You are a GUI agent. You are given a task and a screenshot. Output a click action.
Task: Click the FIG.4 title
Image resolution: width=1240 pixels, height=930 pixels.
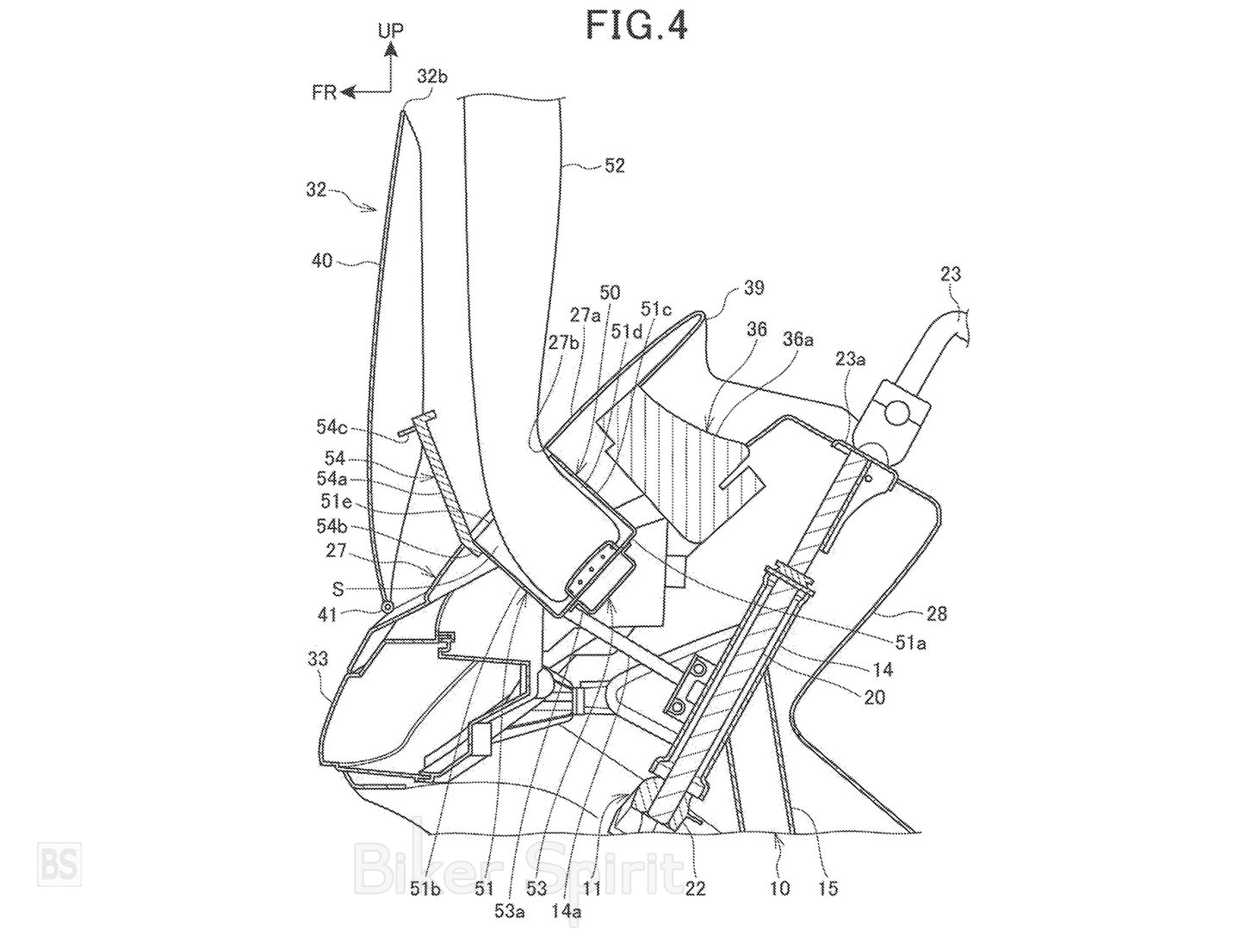click(x=636, y=25)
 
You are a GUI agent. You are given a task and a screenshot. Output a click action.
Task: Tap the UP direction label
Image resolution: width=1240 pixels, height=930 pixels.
click(x=389, y=31)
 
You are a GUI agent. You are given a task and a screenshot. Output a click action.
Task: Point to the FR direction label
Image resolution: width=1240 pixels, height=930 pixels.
click(x=325, y=92)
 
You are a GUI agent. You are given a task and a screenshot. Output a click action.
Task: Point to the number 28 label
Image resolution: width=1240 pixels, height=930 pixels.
click(x=937, y=613)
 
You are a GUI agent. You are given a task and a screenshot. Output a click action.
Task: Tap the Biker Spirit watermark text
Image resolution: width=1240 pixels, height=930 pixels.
click(x=517, y=861)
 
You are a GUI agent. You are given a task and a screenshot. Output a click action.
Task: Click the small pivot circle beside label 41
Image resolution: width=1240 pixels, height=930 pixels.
click(x=388, y=607)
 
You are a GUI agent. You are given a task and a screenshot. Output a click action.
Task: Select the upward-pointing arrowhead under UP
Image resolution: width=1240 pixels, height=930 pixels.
click(x=390, y=51)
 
